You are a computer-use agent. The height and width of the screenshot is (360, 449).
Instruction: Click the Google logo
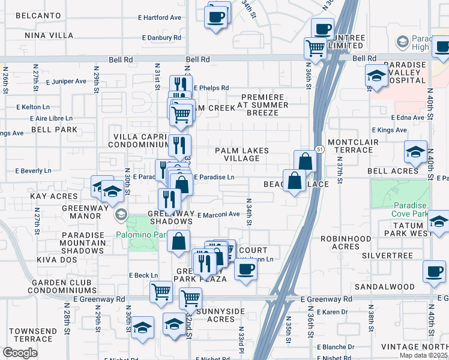pyautogui.click(x=20, y=353)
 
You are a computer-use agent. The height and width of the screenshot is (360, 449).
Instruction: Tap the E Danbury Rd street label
pyautogui.click(x=161, y=38)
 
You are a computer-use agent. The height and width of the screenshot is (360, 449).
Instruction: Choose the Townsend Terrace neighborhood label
pyautogui.click(x=33, y=335)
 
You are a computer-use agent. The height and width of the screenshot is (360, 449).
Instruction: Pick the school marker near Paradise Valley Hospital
pyautogui.click(x=376, y=76)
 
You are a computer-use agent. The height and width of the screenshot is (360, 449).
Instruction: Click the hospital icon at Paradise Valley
pyautogui.click(x=402, y=42)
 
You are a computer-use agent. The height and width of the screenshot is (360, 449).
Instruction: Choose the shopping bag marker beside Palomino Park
pyautogui.click(x=179, y=242)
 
